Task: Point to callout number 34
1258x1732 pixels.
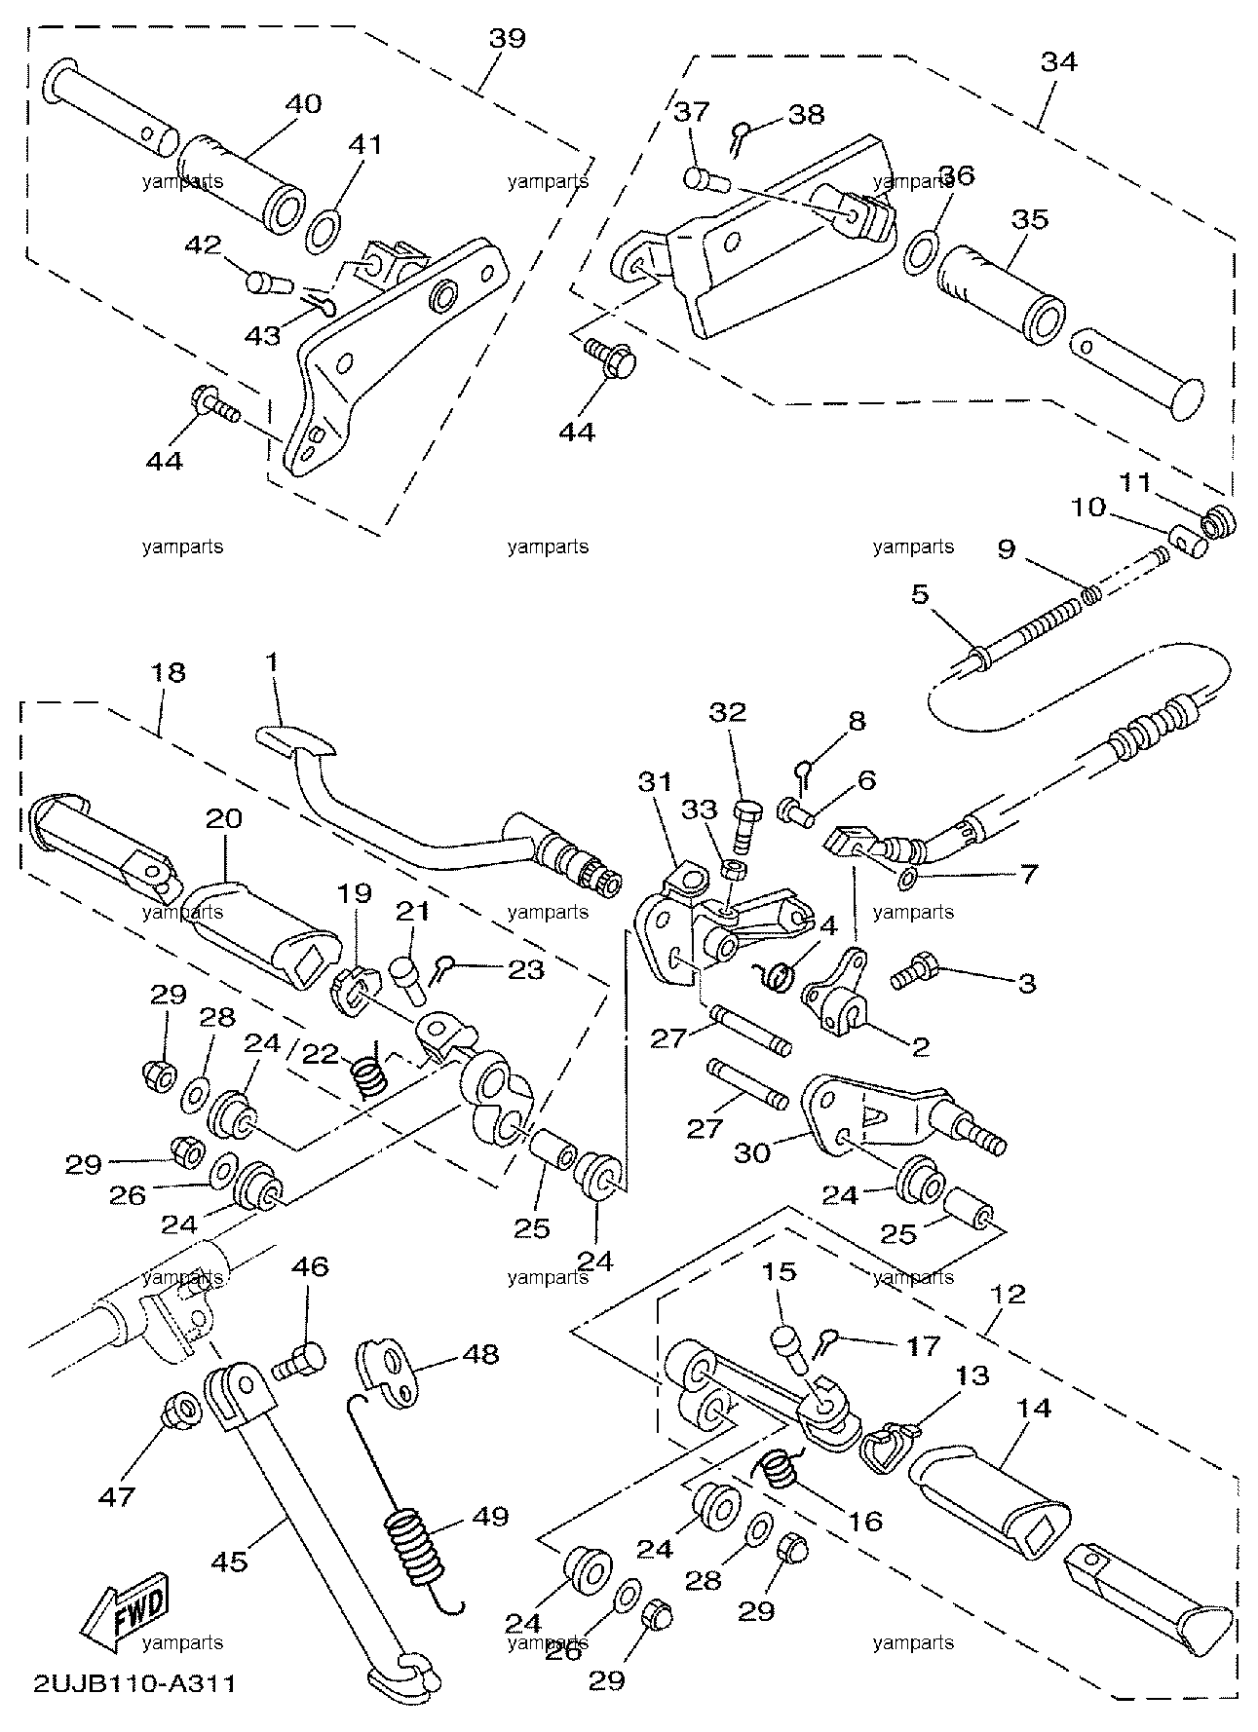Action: (1059, 61)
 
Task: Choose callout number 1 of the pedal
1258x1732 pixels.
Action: (272, 662)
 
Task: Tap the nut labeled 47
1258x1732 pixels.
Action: (180, 1408)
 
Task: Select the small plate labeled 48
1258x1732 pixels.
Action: (394, 1371)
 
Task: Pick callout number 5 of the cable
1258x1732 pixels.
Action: (920, 621)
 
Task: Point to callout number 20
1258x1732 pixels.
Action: (223, 819)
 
